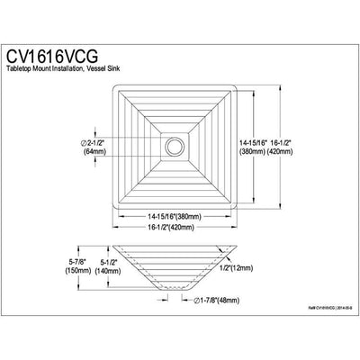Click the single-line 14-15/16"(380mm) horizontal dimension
[174, 216]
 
